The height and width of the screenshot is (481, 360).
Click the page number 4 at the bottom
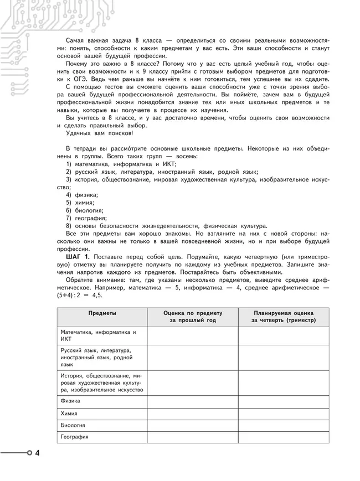[37, 454]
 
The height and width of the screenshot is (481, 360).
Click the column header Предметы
[102, 313]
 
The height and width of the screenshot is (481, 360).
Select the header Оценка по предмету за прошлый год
[192, 317]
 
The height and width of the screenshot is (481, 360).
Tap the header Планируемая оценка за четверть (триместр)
[283, 317]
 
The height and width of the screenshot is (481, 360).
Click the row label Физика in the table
[70, 401]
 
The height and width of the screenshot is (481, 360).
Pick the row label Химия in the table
[69, 413]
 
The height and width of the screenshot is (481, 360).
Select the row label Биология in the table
[73, 425]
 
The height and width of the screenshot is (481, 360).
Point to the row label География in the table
[74, 437]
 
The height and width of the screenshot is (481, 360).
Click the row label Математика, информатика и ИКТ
[97, 335]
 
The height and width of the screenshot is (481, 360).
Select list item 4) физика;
[82, 195]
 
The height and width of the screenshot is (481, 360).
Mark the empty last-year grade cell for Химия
[192, 413]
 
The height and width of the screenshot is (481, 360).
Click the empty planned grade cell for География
[283, 437]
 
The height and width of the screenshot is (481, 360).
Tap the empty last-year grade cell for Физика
[192, 401]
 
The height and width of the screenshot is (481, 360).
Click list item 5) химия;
[81, 203]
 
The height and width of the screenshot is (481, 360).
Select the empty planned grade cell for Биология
[283, 425]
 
